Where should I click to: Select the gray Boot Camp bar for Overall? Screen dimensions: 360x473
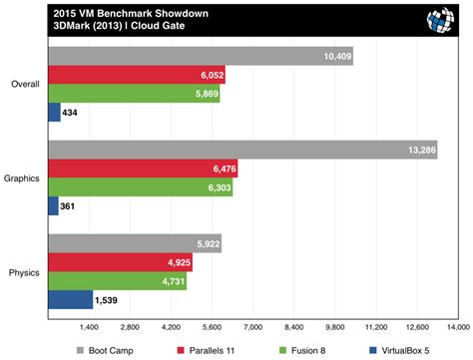click(x=200, y=56)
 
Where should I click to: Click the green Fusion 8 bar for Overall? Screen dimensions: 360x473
click(x=133, y=94)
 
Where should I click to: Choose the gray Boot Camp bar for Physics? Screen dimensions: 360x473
click(x=134, y=244)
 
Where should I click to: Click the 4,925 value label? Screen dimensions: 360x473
click(x=175, y=263)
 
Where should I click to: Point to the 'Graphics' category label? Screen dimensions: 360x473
click(x=21, y=179)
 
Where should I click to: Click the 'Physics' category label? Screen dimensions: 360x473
click(x=23, y=272)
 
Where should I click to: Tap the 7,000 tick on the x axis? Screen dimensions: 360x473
click(x=252, y=327)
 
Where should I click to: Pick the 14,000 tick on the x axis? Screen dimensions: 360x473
click(x=458, y=327)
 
